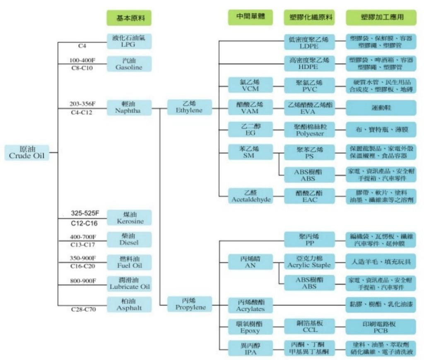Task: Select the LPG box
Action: point(129,41)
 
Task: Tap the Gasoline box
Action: point(129,64)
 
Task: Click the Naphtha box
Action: point(129,107)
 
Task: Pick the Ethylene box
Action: point(190,107)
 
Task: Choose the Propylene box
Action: point(190,304)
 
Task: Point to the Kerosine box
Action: point(129,218)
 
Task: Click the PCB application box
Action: point(381,327)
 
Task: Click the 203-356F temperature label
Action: point(83,103)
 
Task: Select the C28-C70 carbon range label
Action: point(83,309)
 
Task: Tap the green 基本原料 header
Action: point(129,18)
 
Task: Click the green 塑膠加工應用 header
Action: point(381,17)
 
